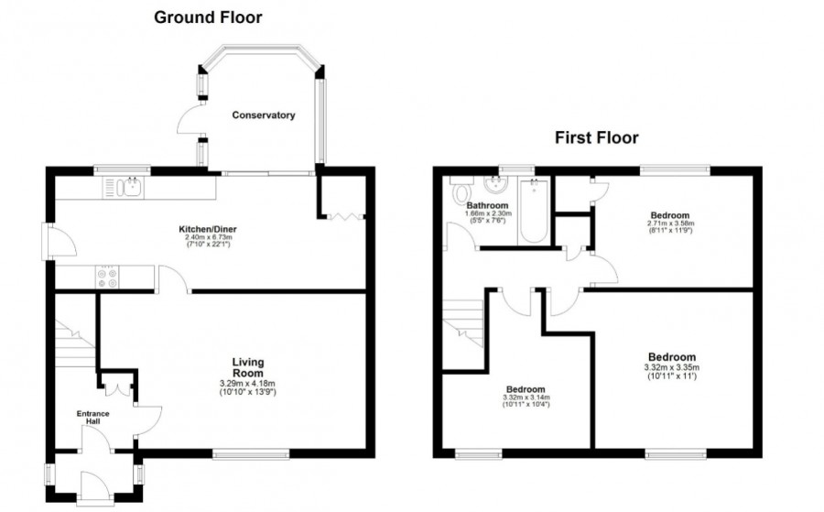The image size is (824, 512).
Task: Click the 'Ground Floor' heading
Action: point(207,16)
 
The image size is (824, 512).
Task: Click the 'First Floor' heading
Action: point(596,138)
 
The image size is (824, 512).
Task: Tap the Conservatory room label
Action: point(263,115)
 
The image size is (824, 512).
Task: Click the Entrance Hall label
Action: point(92,419)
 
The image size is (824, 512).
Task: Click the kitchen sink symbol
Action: point(127,188)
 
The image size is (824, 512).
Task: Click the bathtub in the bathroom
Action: point(532,210)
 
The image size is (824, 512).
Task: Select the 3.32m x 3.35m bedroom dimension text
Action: point(672,368)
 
